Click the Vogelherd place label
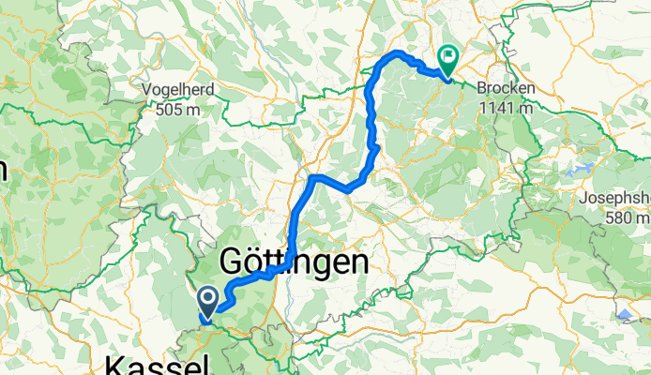[180, 89]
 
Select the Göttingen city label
[294, 263]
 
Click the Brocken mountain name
[506, 89]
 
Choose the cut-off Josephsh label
[615, 199]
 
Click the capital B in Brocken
[482, 89]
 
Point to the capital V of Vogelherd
[146, 89]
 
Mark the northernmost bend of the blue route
[400, 52]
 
